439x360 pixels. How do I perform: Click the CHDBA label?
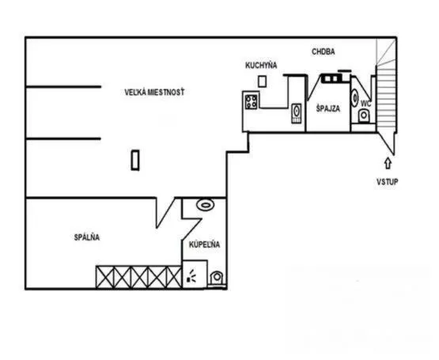324,52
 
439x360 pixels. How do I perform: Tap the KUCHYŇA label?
261,66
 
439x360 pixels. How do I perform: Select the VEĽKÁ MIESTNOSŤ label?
154,92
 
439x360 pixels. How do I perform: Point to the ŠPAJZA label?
328,108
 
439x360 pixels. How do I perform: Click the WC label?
366,104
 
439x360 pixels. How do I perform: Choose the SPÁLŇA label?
87,237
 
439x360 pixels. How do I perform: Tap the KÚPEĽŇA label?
204,244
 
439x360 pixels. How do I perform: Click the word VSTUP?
388,182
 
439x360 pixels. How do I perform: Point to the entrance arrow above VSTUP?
388,163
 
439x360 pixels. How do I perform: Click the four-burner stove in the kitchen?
251,102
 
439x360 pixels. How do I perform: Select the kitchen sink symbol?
297,113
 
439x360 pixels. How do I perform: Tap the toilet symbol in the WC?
364,116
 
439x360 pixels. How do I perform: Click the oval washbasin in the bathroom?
206,205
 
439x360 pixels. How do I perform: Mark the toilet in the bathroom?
217,279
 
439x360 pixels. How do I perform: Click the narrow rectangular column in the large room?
135,160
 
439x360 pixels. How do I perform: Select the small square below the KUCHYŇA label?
262,81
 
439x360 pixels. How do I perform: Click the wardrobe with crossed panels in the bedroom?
139,277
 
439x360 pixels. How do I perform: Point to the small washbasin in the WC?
354,98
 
